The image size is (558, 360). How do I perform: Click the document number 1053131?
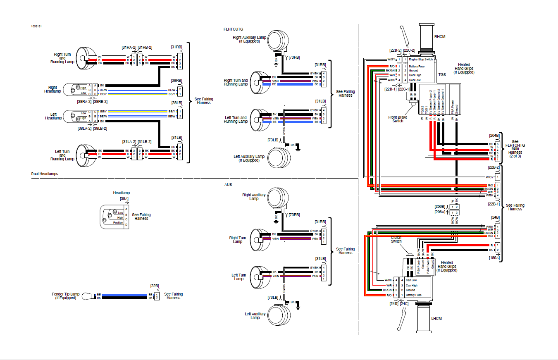point(36,26)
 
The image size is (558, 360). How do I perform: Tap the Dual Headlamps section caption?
point(45,174)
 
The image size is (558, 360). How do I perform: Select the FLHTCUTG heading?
point(234,29)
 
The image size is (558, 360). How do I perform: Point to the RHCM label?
point(440,36)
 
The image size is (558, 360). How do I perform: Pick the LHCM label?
point(437,319)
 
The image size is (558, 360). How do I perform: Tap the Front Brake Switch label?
point(398,119)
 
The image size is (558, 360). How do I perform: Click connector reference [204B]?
point(494,135)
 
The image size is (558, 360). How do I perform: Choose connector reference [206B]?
point(440,206)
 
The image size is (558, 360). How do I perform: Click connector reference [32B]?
point(155,285)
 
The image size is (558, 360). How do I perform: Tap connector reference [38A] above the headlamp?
point(124,199)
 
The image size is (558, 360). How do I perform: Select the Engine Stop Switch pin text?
point(420,60)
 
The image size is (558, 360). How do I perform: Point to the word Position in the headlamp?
point(118,223)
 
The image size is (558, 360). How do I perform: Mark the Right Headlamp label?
point(52,89)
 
